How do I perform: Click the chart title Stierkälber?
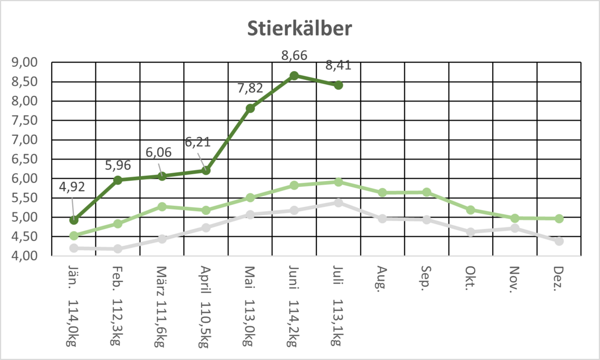click(x=299, y=29)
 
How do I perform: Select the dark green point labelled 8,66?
click(x=294, y=76)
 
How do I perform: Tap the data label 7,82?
click(x=251, y=88)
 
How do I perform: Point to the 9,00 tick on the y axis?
click(x=24, y=62)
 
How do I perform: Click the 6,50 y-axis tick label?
click(x=24, y=159)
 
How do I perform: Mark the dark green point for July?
click(x=338, y=85)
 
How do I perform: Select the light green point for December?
click(x=559, y=218)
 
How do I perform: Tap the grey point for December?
click(x=559, y=241)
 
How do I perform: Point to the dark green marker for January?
click(x=74, y=220)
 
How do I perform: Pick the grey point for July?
click(x=338, y=203)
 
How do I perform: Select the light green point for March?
click(x=162, y=207)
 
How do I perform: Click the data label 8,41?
click(x=338, y=66)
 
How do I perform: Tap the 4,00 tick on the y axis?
click(x=24, y=256)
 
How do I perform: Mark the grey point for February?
click(x=118, y=248)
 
